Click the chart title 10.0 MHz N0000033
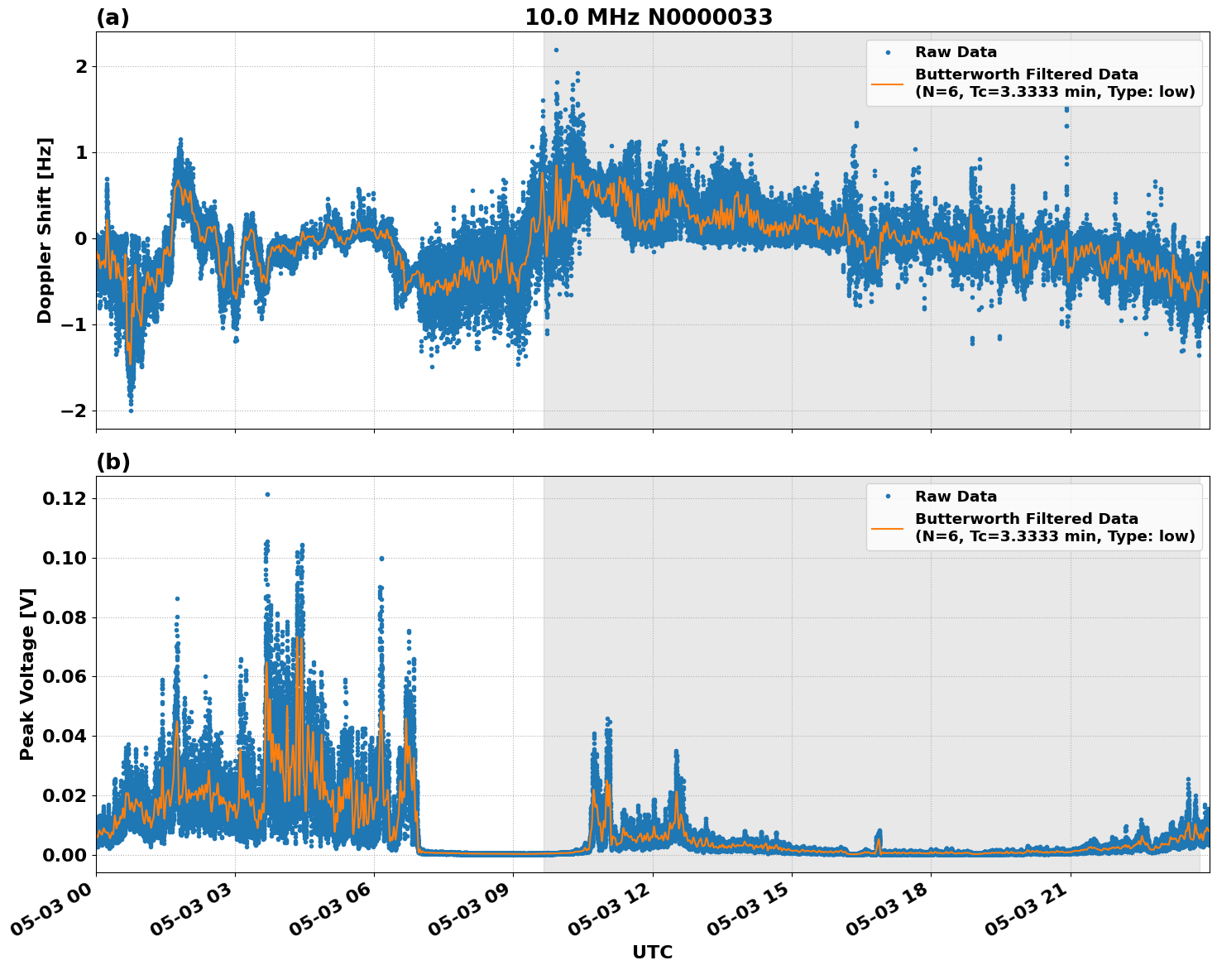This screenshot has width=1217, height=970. tap(648, 17)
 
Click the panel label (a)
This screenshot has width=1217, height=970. tap(113, 17)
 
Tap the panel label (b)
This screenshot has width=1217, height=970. tap(113, 462)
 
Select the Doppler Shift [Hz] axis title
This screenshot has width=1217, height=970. tap(45, 230)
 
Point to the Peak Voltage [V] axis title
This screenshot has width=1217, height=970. tap(27, 674)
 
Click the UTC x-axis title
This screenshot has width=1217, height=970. tap(652, 952)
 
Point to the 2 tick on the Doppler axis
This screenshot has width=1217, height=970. tap(81, 66)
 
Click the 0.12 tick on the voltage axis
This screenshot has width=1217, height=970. tap(65, 498)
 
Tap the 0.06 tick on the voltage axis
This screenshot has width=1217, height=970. tap(65, 677)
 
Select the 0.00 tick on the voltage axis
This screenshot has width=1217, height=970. tap(65, 855)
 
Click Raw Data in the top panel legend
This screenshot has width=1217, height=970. tap(956, 52)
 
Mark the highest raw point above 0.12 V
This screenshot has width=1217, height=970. tap(267, 494)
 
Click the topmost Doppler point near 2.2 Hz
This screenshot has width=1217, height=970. tap(556, 50)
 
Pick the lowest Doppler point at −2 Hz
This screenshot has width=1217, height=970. tap(131, 411)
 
